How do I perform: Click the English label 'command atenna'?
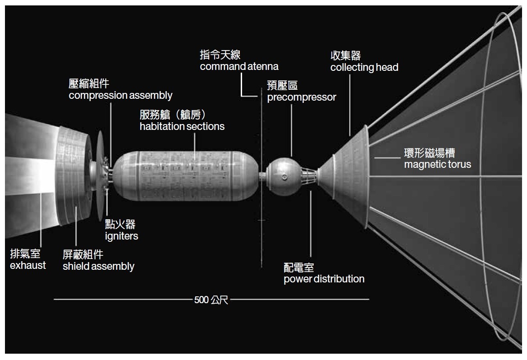point(239,67)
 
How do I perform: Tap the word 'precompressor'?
point(301,97)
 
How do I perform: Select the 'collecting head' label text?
point(364,68)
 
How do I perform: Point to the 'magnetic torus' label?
point(437,164)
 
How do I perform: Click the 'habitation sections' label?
point(182,127)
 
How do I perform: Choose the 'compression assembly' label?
point(120,96)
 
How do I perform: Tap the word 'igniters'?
point(121,236)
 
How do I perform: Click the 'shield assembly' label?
point(98,267)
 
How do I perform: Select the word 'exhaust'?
point(28,265)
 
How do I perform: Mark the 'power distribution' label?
point(324,279)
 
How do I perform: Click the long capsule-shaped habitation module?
point(185,174)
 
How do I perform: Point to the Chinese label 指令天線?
point(220,55)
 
